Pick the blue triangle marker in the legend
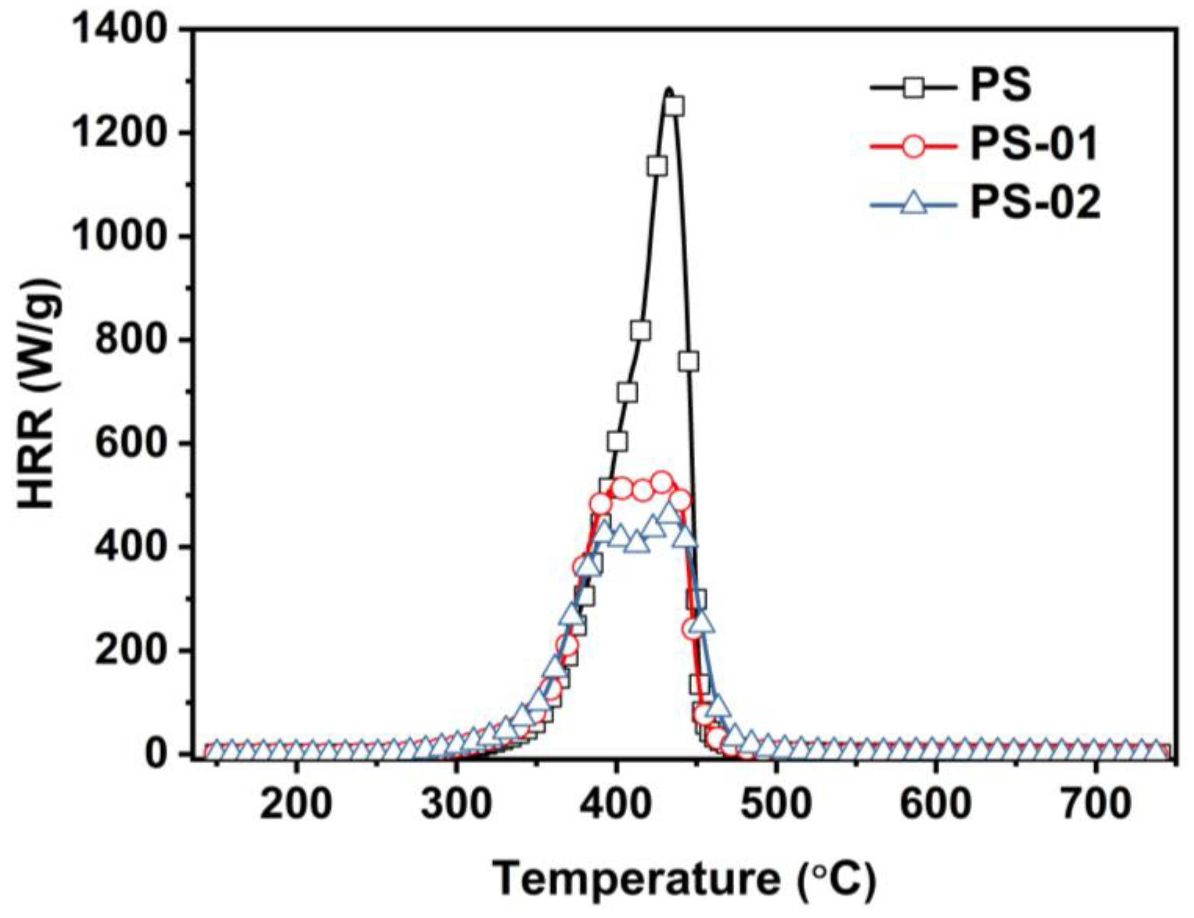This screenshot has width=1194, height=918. (x=914, y=206)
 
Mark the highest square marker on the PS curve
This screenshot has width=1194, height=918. (x=674, y=106)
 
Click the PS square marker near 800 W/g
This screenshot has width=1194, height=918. (x=640, y=330)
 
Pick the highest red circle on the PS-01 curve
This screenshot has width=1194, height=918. (x=662, y=481)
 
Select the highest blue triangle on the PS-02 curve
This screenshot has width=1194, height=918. (x=669, y=512)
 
